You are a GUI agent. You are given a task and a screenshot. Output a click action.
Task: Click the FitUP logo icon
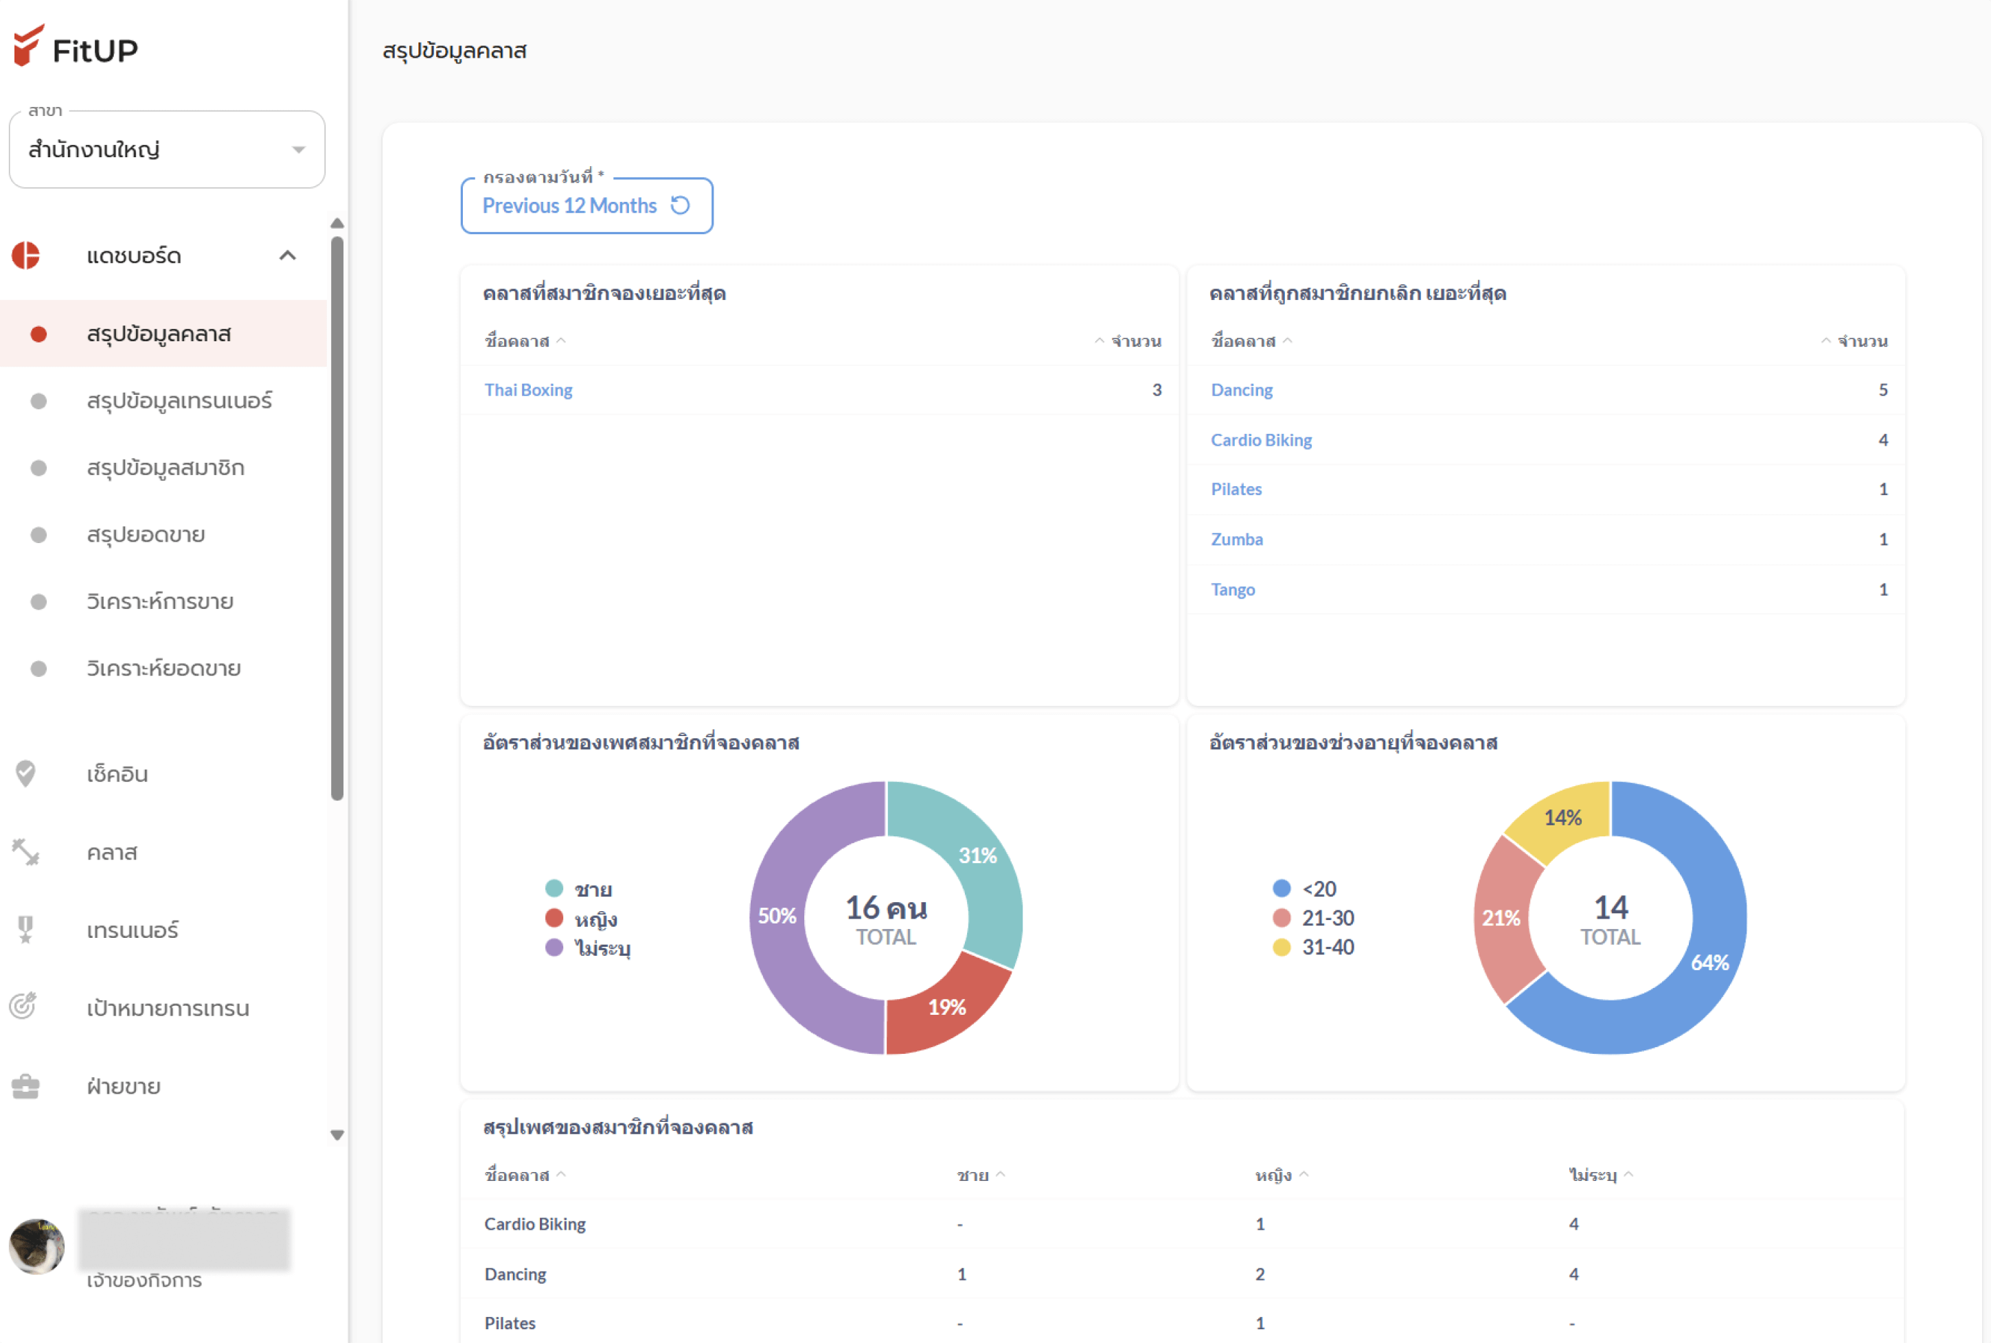click(28, 45)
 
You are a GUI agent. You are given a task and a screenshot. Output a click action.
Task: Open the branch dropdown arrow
click(298, 150)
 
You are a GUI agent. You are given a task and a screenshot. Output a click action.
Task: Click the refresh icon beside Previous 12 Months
click(680, 205)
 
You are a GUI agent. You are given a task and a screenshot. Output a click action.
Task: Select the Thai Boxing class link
click(527, 391)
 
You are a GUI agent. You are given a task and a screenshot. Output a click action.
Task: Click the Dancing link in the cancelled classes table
click(1242, 391)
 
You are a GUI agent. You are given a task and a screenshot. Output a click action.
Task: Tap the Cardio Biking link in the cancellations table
click(1261, 440)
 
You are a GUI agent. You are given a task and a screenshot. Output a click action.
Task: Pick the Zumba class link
click(1236, 540)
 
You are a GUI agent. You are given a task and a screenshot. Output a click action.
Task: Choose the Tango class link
click(1232, 590)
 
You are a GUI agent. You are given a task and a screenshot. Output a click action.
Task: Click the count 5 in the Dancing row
click(1882, 391)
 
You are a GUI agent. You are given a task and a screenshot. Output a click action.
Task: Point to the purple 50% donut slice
click(777, 917)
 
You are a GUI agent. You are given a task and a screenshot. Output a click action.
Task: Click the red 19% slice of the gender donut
click(946, 1007)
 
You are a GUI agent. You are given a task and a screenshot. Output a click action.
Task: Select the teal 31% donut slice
click(977, 856)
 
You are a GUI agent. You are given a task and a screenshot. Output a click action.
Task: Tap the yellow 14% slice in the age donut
click(1562, 818)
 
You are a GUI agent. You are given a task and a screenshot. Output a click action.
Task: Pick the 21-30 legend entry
click(1327, 918)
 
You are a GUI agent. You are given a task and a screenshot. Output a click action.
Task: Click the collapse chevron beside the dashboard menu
click(288, 255)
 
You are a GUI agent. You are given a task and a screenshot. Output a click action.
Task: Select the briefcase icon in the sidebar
click(25, 1087)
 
